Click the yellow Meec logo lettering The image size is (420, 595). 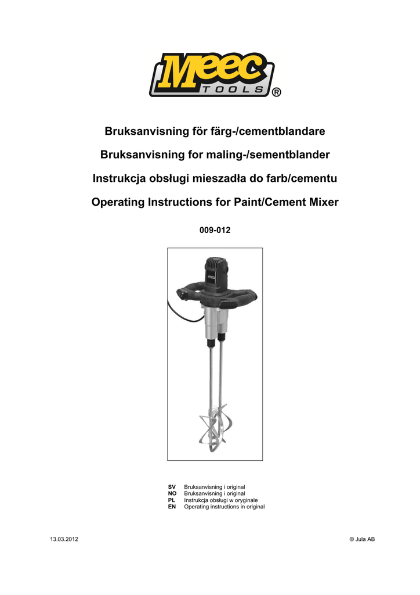click(209, 71)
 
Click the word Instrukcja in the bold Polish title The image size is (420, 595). click(120, 179)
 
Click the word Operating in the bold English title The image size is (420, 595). click(118, 203)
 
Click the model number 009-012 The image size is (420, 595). click(215, 230)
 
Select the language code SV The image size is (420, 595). click(172, 486)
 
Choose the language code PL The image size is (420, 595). click(172, 500)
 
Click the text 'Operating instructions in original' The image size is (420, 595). click(224, 507)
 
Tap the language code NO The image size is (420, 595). click(172, 493)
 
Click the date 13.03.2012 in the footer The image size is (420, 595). click(64, 540)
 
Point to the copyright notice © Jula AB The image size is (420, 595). click(361, 540)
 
